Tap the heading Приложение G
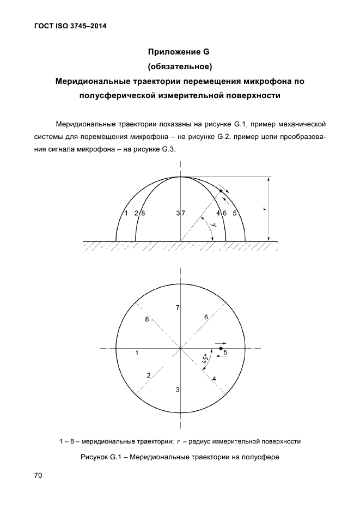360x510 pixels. pyautogui.click(x=179, y=52)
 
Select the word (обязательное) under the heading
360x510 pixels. pyautogui.click(x=179, y=67)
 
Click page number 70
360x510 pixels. pyautogui.click(x=38, y=476)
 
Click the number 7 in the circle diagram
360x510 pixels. pyautogui.click(x=178, y=308)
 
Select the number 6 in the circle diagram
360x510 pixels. pyautogui.click(x=206, y=317)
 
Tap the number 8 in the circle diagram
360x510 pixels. pyautogui.click(x=147, y=320)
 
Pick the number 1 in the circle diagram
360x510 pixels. pyautogui.click(x=137, y=353)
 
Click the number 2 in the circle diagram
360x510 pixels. pyautogui.click(x=148, y=375)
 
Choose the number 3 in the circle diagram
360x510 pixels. pyautogui.click(x=178, y=389)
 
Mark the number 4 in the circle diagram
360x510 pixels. pyautogui.click(x=214, y=378)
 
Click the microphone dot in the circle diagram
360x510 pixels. pyautogui.click(x=221, y=348)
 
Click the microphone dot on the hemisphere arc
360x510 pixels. pyautogui.click(x=221, y=191)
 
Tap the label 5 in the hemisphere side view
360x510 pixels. pyautogui.click(x=235, y=214)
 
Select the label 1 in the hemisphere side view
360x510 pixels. pyautogui.click(x=125, y=214)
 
